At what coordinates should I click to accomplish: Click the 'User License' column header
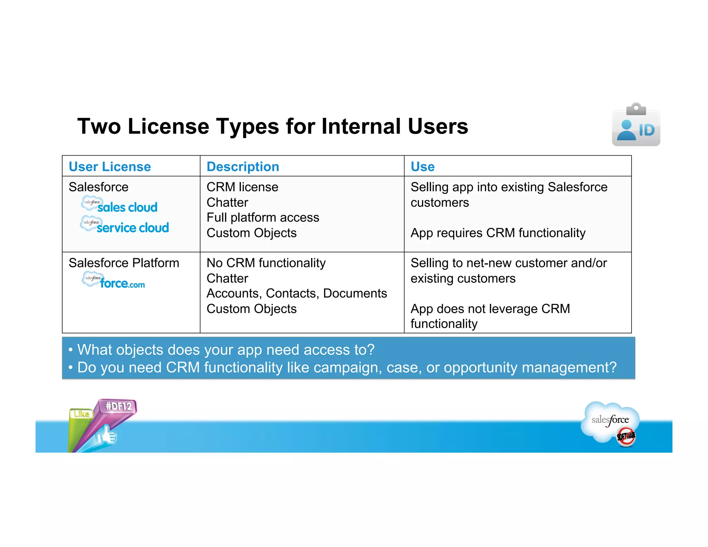pos(110,167)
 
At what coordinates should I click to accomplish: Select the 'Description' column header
pos(243,167)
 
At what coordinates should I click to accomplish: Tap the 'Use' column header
pos(422,167)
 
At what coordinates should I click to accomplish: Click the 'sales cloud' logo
pos(120,206)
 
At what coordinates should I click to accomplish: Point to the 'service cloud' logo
pos(125,226)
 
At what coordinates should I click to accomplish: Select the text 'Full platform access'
pos(263,217)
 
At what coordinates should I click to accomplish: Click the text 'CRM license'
pos(242,187)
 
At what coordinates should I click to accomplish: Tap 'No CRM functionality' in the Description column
pos(266,263)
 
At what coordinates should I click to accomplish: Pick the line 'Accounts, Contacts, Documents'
pos(297,294)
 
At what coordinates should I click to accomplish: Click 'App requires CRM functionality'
pos(498,233)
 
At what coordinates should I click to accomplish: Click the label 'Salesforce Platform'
pos(124,263)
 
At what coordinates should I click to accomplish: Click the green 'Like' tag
pos(81,414)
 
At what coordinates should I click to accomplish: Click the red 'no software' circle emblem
pos(626,437)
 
